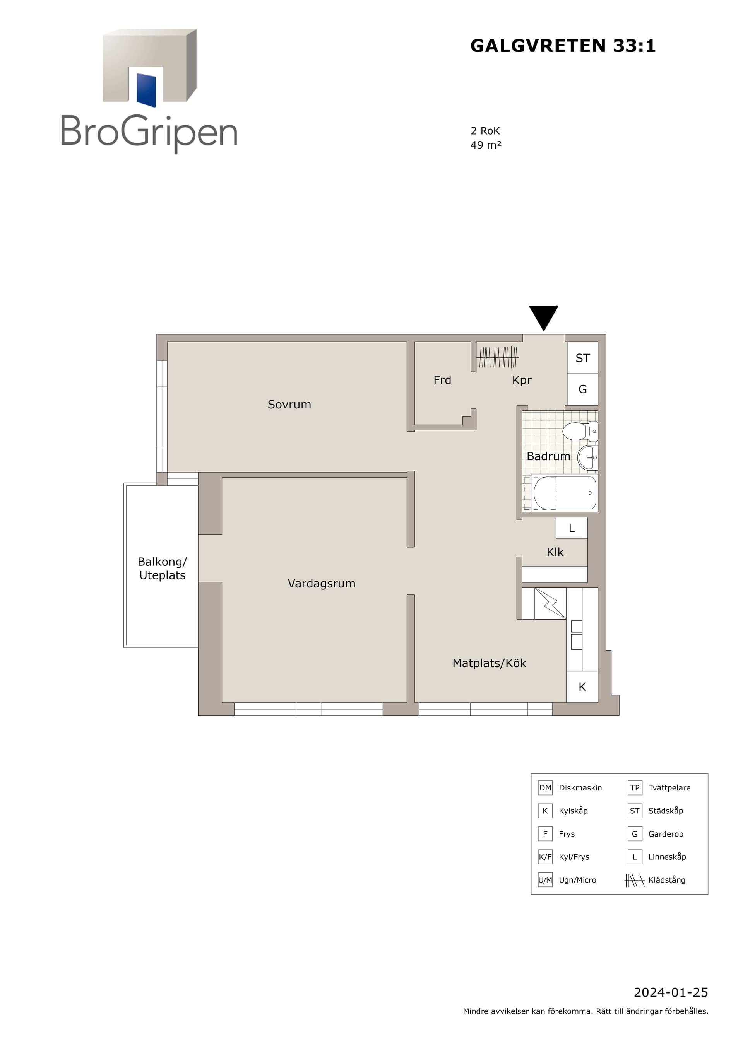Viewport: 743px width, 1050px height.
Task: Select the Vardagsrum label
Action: pyautogui.click(x=321, y=584)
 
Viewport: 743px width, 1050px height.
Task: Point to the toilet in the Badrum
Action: pyautogui.click(x=580, y=431)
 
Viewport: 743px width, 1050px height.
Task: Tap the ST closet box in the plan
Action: pyautogui.click(x=582, y=358)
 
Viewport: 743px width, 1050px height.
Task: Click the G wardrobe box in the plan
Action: pyautogui.click(x=582, y=389)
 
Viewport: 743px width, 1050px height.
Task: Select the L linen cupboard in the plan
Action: pyautogui.click(x=572, y=528)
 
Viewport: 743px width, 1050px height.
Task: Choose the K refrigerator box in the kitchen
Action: pyautogui.click(x=582, y=686)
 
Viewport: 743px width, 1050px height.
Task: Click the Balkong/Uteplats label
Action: pyautogui.click(x=163, y=569)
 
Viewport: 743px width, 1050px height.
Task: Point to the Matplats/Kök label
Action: pyautogui.click(x=489, y=663)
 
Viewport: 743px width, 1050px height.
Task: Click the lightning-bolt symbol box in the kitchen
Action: pyautogui.click(x=550, y=603)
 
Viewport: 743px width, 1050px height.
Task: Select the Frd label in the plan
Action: pyautogui.click(x=442, y=380)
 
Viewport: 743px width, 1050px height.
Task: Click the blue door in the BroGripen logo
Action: pyautogui.click(x=146, y=90)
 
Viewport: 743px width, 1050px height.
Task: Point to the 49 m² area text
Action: pyautogui.click(x=486, y=145)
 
